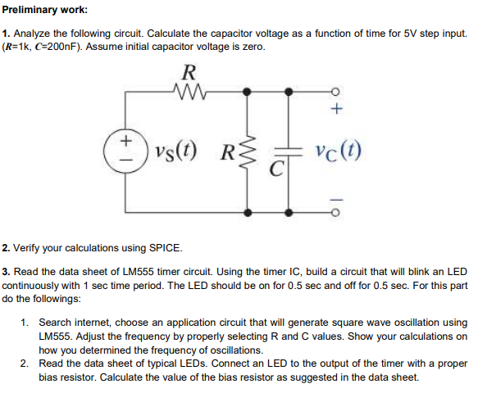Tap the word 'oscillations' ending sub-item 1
pyautogui.click(x=214, y=350)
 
